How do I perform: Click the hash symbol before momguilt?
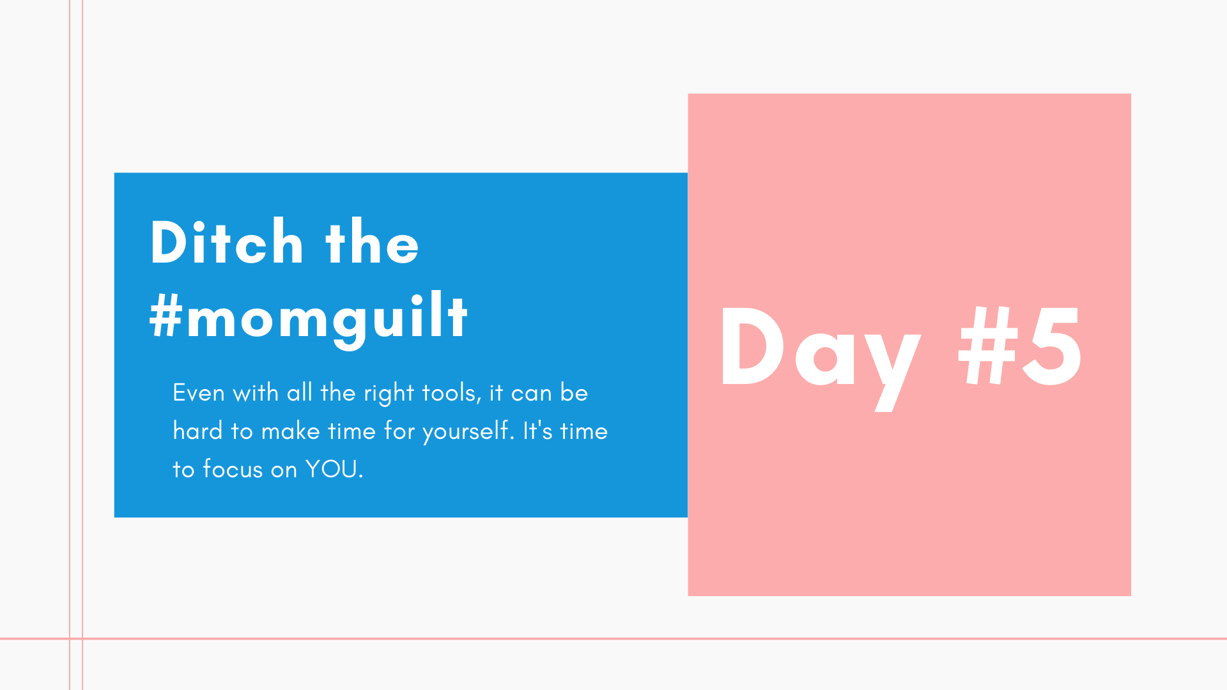(166, 317)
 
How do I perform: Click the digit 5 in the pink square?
(1052, 346)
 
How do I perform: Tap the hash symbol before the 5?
(988, 346)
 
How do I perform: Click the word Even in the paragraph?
(199, 393)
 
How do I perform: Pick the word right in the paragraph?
(389, 394)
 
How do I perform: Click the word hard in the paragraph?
(198, 431)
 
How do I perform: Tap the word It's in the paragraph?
(537, 431)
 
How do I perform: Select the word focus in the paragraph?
(233, 470)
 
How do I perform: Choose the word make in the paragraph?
(291, 431)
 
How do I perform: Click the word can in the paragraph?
(531, 394)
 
